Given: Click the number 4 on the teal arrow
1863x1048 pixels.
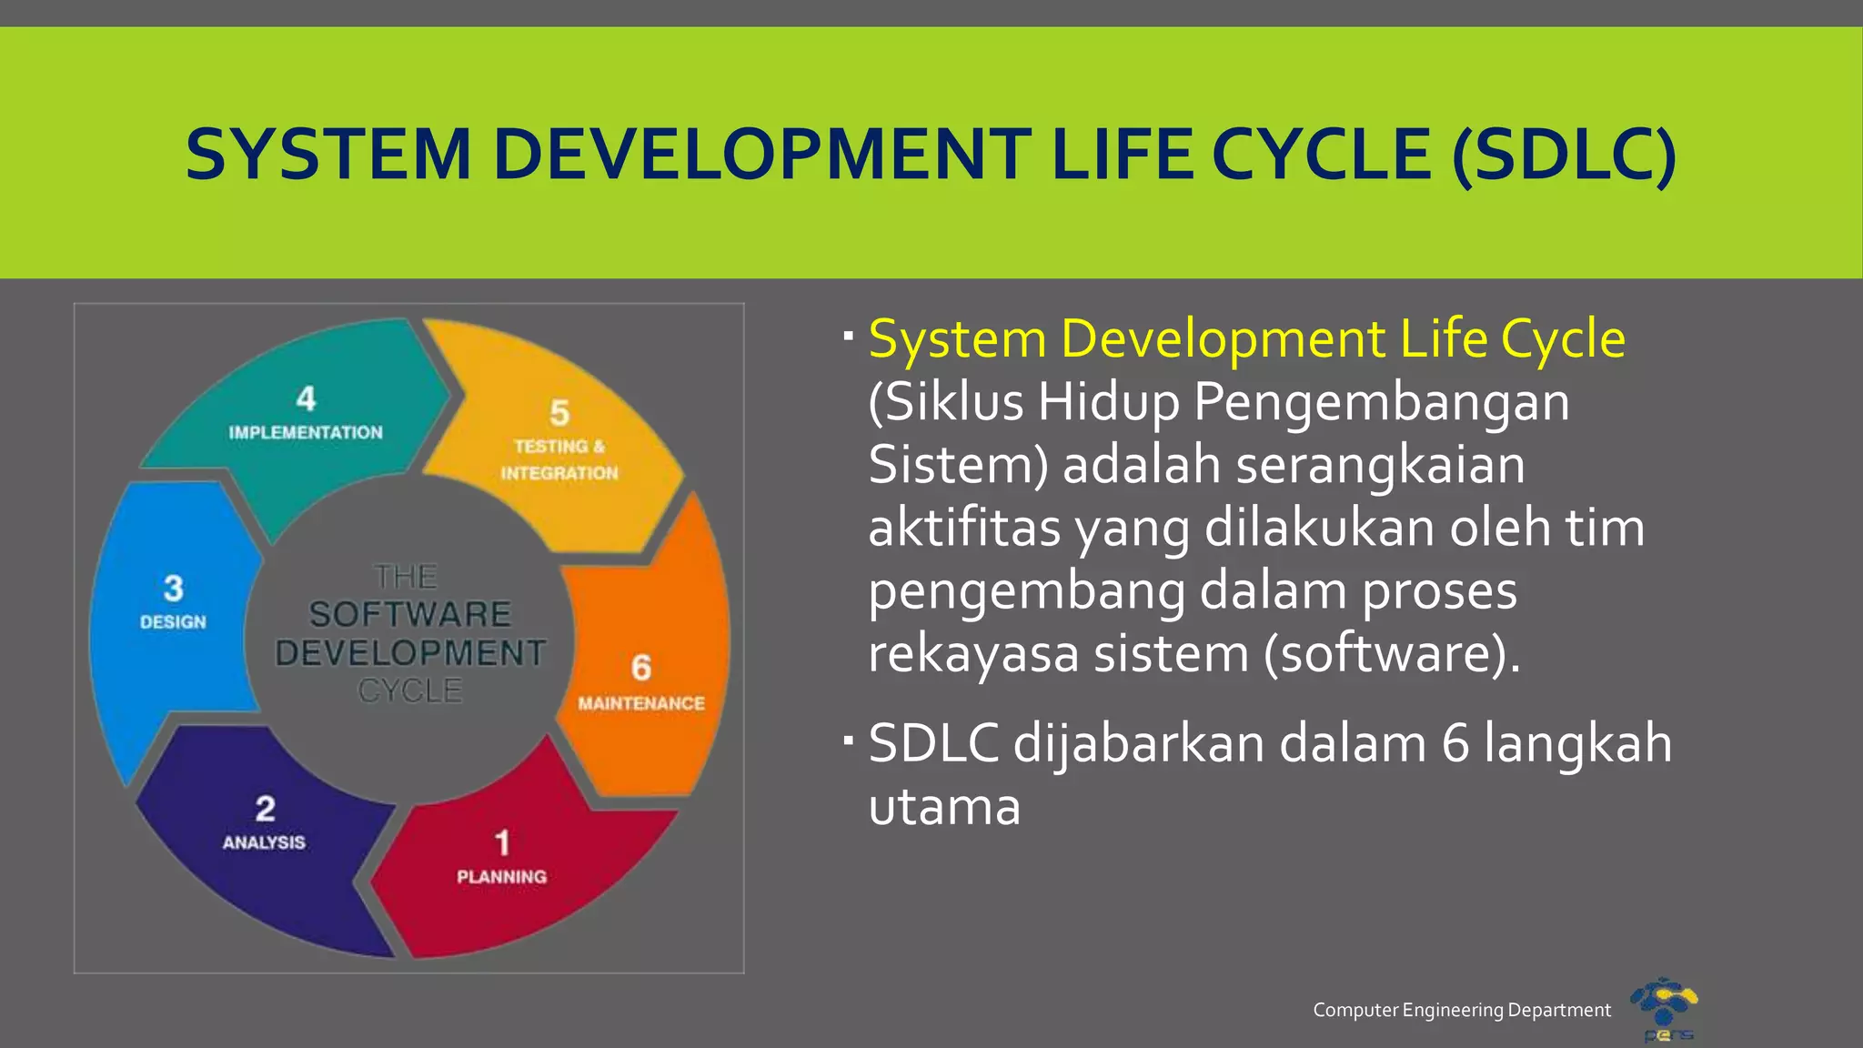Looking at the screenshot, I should point(306,398).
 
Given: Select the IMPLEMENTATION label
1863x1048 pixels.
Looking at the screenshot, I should point(306,433).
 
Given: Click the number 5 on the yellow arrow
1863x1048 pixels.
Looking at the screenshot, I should point(559,414).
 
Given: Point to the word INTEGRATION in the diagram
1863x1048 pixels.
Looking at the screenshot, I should point(559,473).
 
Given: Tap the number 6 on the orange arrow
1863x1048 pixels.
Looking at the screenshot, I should point(641,668).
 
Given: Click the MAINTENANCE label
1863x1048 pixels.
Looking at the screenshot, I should point(641,703).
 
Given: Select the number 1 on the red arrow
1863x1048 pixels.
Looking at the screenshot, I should point(502,842).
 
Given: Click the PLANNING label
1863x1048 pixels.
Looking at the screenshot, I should point(502,877).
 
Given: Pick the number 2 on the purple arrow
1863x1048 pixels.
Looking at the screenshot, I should point(265,809).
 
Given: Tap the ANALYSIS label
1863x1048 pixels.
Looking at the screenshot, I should point(264,842).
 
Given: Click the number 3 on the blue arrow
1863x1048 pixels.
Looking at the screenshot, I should point(173,589).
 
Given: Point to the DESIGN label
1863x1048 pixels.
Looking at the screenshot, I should point(173,622).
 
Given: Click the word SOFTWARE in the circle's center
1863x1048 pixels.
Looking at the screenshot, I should point(409,615).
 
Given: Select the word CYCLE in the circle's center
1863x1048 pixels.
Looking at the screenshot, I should point(409,691).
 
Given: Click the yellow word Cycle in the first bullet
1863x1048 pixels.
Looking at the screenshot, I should point(1562,340).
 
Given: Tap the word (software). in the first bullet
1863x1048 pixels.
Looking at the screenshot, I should point(1392,653).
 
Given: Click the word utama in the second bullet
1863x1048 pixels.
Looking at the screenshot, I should point(944,807).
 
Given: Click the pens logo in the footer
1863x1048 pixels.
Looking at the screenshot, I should point(1665,1008).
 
